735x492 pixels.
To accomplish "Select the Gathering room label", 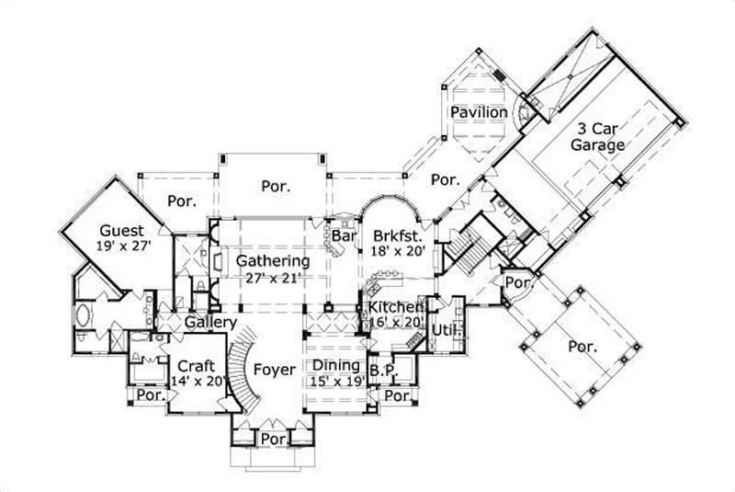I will coord(272,260).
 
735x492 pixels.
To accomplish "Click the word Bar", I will coord(344,236).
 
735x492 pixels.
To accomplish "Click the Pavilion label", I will coord(478,112).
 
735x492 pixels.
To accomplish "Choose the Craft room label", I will coord(196,364).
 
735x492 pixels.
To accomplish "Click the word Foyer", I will coord(274,370).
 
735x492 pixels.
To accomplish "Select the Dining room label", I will coord(334,364).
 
